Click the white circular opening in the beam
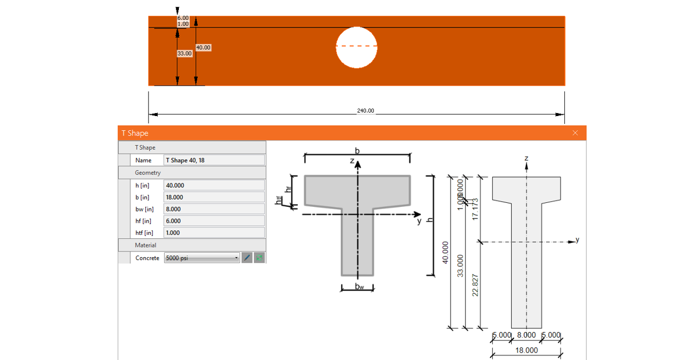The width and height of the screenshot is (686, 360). pos(357,47)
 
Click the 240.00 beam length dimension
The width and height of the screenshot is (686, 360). pos(365,111)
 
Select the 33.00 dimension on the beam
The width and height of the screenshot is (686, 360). pos(184,53)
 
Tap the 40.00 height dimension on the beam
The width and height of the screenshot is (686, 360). pos(203,47)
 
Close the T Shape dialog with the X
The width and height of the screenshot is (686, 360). pos(575,133)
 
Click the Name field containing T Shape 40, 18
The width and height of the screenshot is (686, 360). pos(214,161)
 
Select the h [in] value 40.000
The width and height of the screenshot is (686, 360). pos(214,185)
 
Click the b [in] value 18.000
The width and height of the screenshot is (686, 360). pos(214,197)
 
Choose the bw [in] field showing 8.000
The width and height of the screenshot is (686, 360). pos(214,209)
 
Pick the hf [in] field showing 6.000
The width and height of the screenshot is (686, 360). pos(214,221)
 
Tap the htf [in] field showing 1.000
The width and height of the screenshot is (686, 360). pos(214,233)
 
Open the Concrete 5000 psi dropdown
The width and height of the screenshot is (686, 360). pos(201,258)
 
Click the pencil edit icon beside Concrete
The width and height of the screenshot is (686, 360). pos(247,258)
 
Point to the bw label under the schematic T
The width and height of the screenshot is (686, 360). pos(358,285)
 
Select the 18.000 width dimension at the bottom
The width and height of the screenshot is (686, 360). pos(527,350)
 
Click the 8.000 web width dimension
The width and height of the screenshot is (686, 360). pos(526,335)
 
